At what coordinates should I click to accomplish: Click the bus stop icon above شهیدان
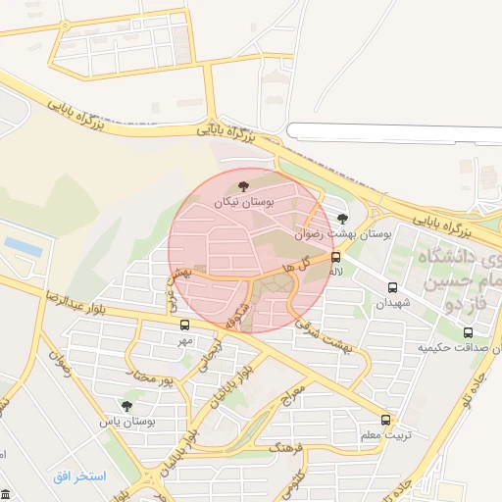pyautogui.click(x=392, y=288)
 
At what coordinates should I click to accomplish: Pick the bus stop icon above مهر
pyautogui.click(x=184, y=325)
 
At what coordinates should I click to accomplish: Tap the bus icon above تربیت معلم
pyautogui.click(x=385, y=419)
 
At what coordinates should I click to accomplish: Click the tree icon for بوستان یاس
pyautogui.click(x=126, y=405)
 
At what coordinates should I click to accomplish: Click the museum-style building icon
pyautogui.click(x=7, y=492)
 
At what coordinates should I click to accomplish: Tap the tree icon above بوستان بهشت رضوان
pyautogui.click(x=341, y=219)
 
